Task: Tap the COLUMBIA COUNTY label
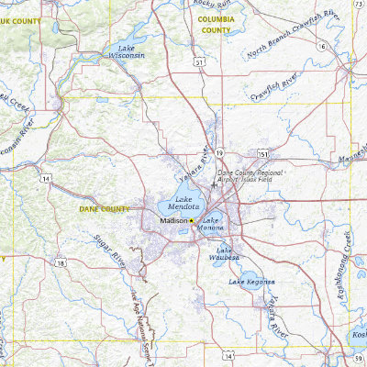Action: click(216, 24)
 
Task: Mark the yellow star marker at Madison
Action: click(193, 221)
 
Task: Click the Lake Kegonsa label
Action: click(251, 281)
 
